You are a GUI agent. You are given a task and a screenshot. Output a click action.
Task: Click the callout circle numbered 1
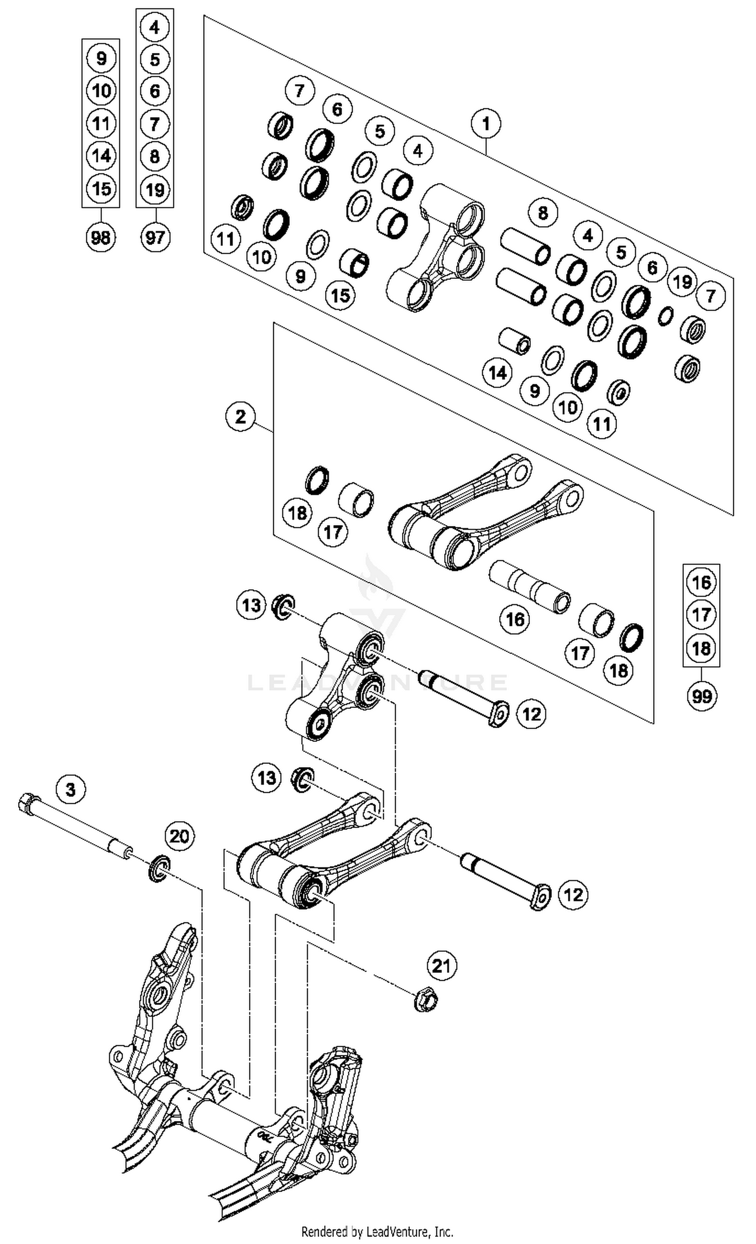click(486, 124)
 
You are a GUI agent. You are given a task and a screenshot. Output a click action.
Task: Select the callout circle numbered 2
click(240, 417)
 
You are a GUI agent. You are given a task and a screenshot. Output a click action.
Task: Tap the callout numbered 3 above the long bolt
click(71, 789)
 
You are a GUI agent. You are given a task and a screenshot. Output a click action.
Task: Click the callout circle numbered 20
click(179, 837)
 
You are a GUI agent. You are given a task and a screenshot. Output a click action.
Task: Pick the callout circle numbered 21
click(442, 966)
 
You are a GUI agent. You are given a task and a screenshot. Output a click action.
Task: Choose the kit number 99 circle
click(702, 696)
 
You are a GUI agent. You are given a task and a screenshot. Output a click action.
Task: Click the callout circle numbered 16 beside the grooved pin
click(515, 619)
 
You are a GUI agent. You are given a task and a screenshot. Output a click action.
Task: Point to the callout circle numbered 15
click(340, 295)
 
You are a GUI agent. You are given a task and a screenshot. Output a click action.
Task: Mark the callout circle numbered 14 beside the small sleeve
click(497, 373)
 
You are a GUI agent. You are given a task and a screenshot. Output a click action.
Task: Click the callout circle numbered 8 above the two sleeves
click(542, 213)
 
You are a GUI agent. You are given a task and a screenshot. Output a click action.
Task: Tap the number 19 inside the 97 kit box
click(154, 190)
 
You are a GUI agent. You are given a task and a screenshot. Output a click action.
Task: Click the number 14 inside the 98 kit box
click(101, 156)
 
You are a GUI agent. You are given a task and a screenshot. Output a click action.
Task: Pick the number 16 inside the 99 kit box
click(702, 582)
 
